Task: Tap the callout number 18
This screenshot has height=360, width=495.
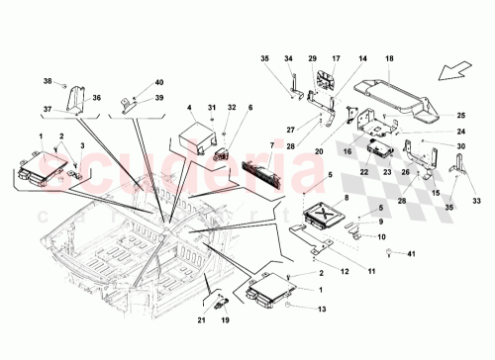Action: click(388, 59)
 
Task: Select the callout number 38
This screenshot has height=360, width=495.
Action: click(47, 80)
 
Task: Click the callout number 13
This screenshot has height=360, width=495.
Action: click(322, 311)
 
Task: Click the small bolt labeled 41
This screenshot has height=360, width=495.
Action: click(388, 256)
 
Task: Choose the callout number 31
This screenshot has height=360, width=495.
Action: click(211, 107)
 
